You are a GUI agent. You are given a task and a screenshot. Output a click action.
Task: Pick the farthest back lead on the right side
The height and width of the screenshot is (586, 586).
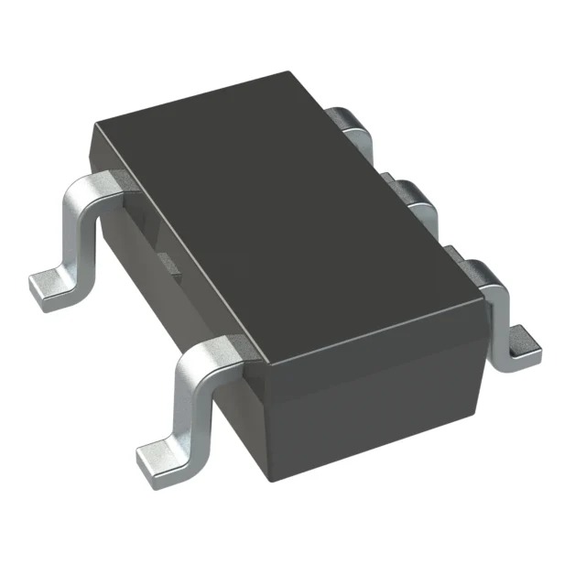tap(353, 124)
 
